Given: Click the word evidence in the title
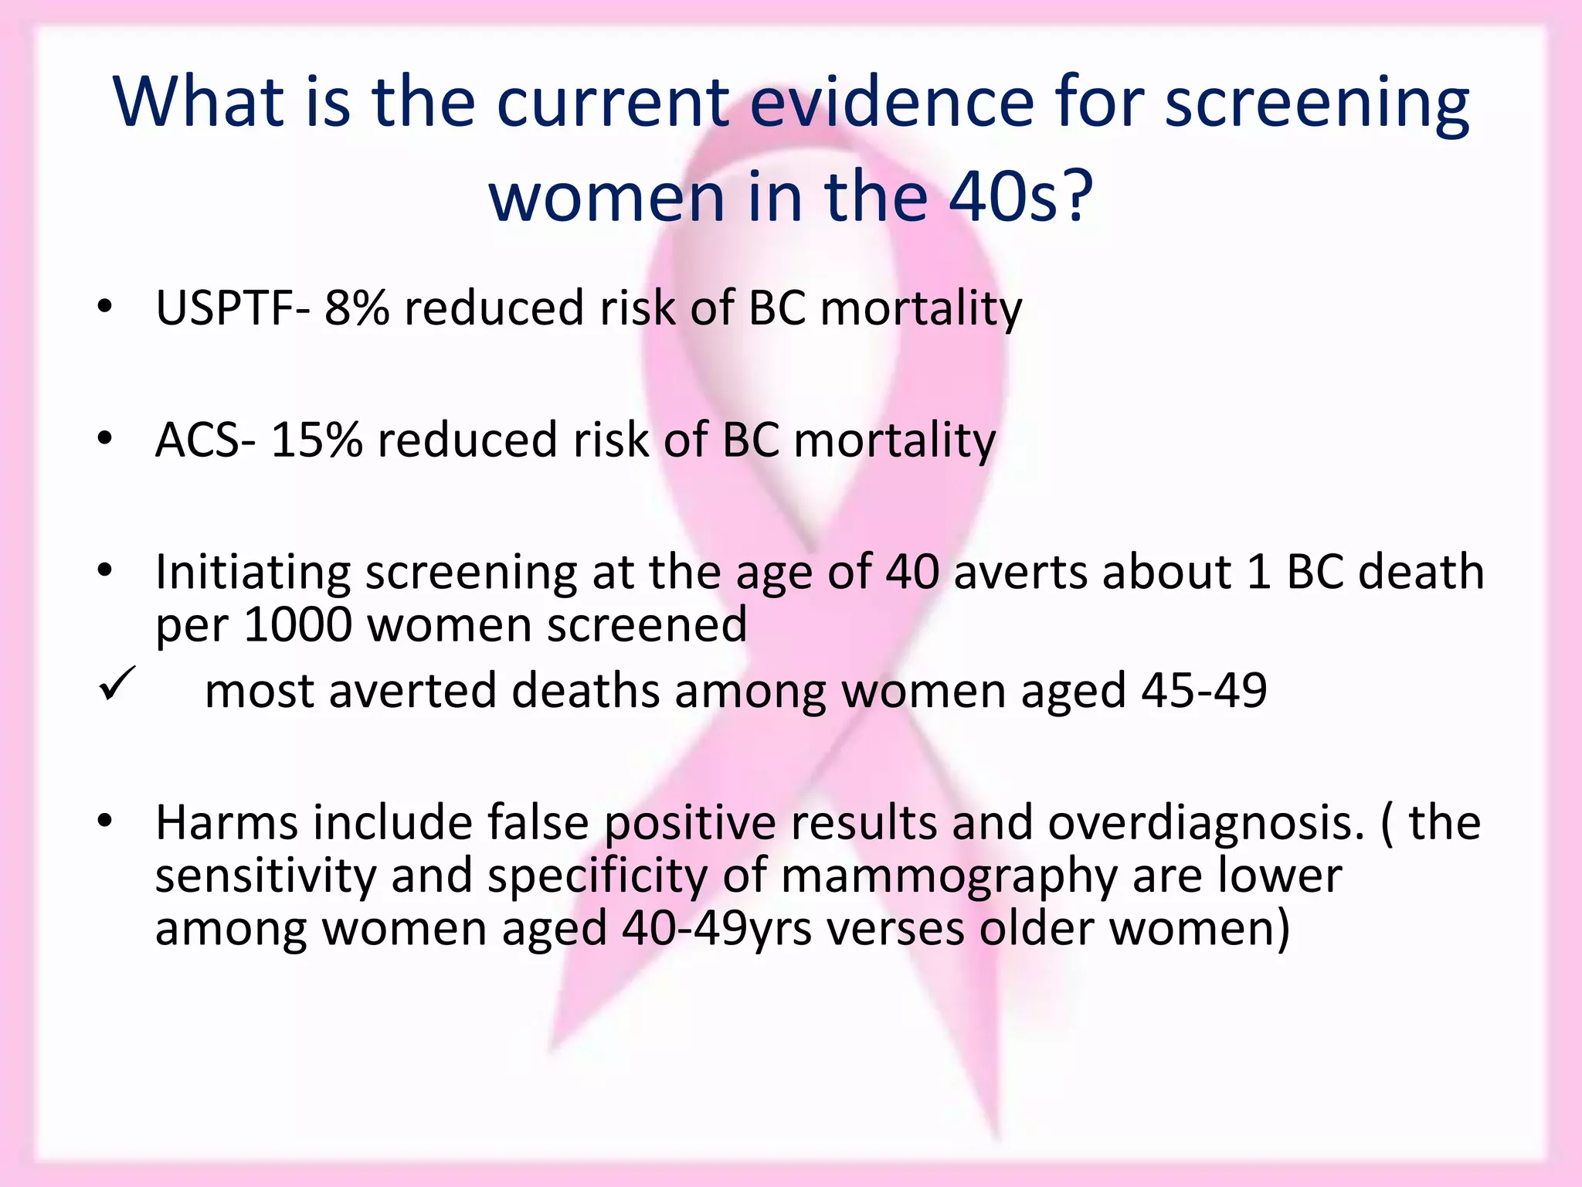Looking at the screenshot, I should pos(891,102).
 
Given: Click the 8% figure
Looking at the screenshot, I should pos(356,308).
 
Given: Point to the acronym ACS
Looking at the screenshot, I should pos(198,440).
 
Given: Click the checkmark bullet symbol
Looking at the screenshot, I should pos(117,683).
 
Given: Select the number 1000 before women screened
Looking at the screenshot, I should pos(297,624).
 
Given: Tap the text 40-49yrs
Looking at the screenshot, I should pos(717,928).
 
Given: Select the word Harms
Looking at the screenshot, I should pos(226,822).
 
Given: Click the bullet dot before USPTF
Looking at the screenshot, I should pos(105,307).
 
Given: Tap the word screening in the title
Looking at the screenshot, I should pos(1316,102).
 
